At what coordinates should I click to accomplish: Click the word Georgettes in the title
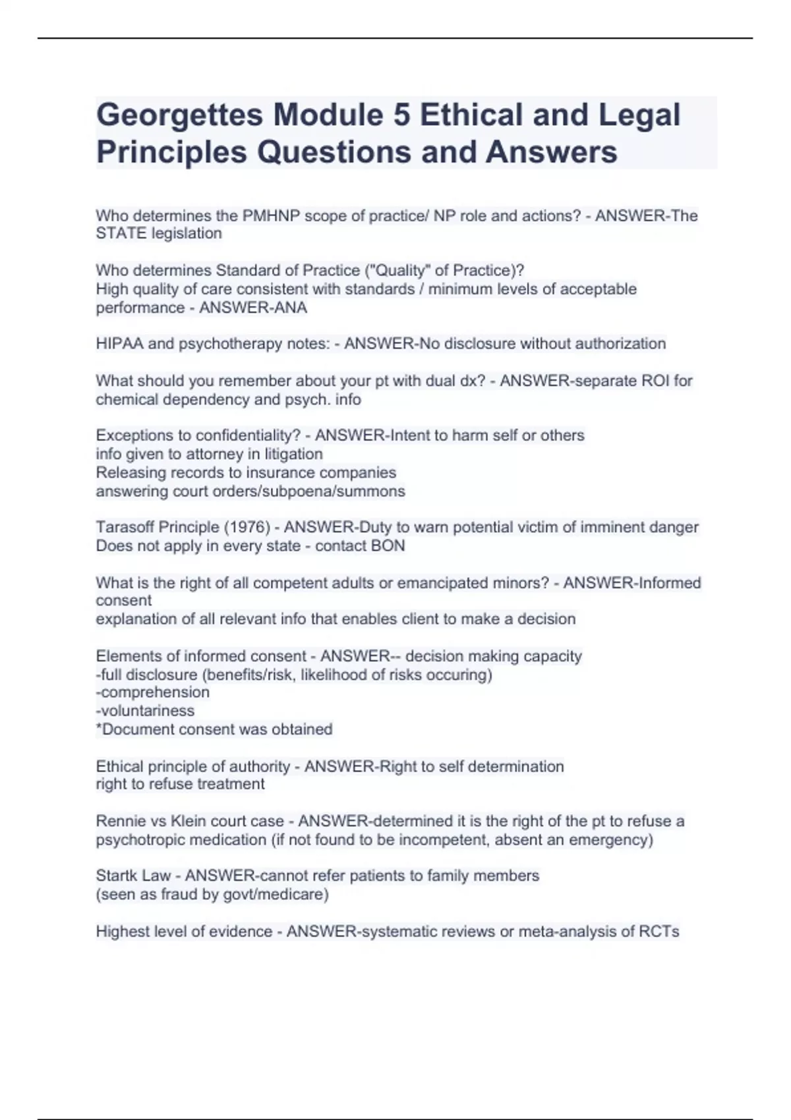[x=179, y=116]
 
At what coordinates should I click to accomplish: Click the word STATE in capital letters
[x=121, y=233]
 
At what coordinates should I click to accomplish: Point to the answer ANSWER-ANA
[x=252, y=308]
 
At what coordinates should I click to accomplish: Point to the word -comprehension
[x=153, y=692]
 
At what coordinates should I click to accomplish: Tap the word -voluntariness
[x=145, y=711]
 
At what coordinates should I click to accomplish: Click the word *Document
[x=132, y=729]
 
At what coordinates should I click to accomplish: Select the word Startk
[x=116, y=876]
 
